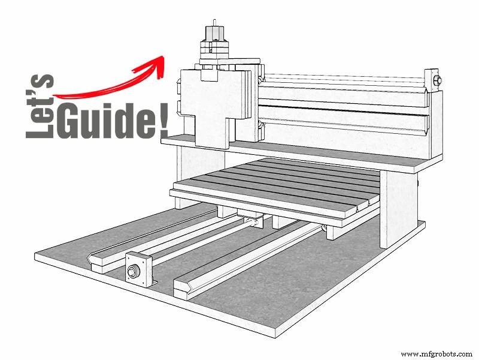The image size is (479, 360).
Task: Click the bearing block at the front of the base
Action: pyautogui.click(x=140, y=269)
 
